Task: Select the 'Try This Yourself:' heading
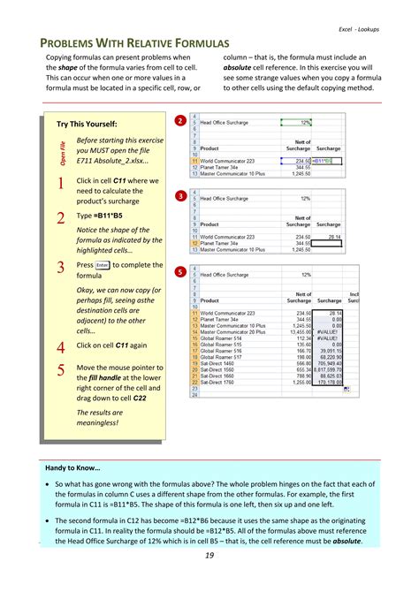coord(87,124)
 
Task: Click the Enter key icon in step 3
coord(103,264)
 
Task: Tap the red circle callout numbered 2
coord(179,120)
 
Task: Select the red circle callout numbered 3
coord(179,195)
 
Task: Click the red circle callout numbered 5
coord(179,271)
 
